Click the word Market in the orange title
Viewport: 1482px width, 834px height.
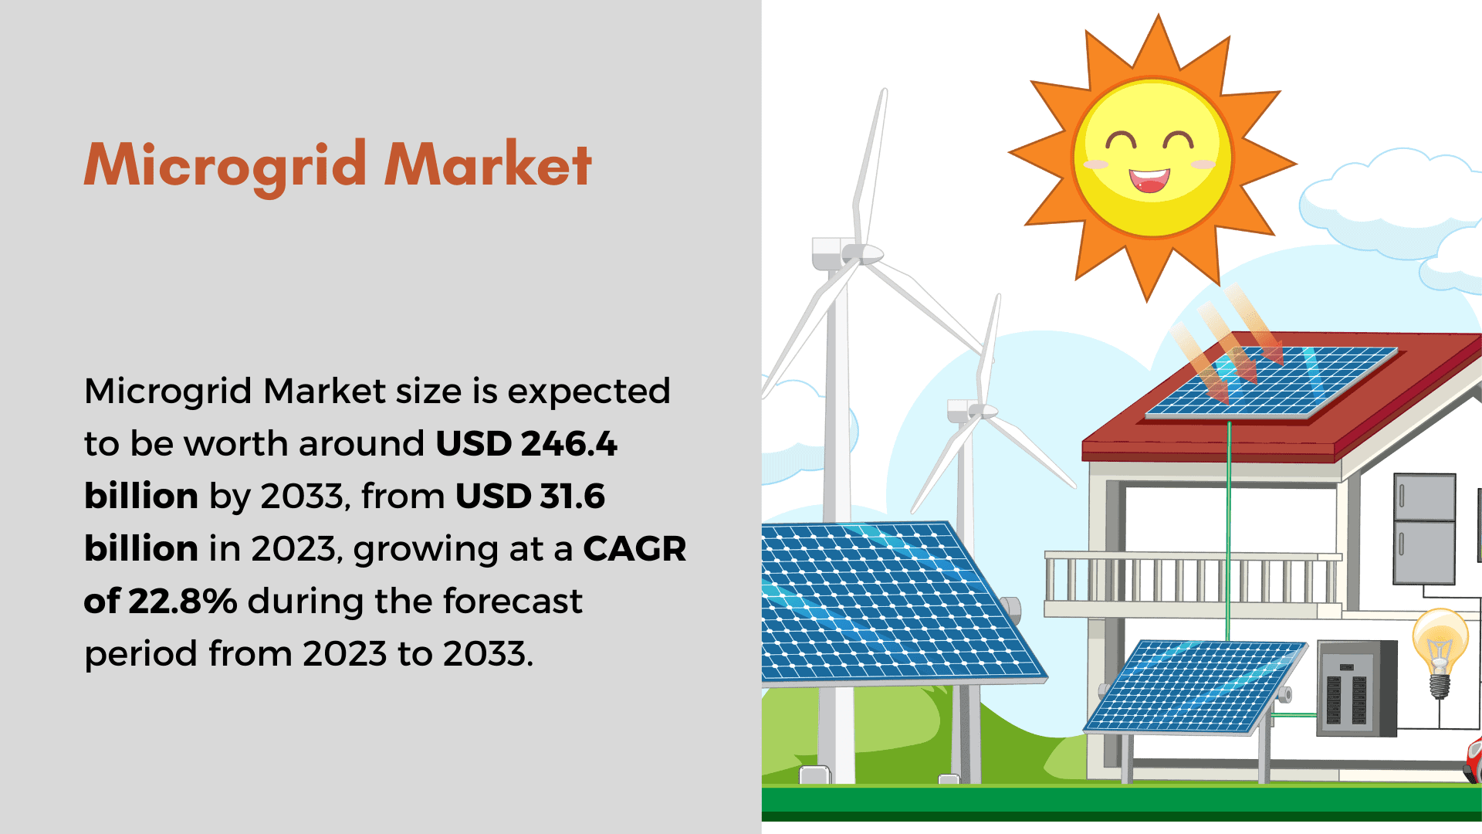click(488, 164)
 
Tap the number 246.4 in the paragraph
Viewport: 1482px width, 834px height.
click(569, 444)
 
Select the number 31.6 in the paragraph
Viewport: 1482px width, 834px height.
click(572, 496)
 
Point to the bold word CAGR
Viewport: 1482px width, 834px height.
click(634, 549)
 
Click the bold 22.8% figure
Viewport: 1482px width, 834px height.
click(183, 601)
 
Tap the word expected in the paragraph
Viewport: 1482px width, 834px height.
click(589, 392)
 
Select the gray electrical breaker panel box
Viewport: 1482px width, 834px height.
click(1356, 688)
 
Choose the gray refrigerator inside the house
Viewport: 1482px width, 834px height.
click(1424, 529)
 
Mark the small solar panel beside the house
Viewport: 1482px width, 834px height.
click(1195, 687)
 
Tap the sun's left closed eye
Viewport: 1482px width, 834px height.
click(1121, 141)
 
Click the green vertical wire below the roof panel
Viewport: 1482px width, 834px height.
click(1229, 530)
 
